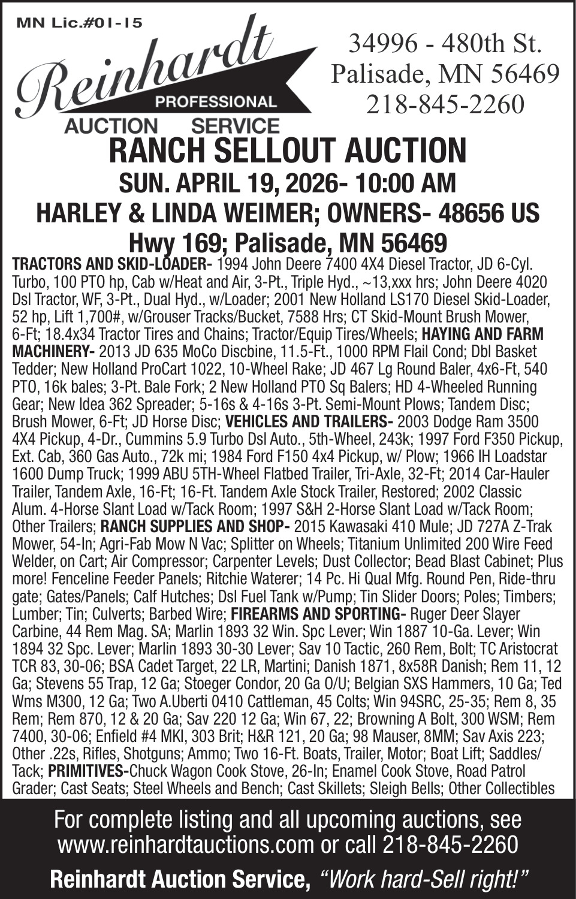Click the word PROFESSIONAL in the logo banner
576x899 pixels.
click(216, 101)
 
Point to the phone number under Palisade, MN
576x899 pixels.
click(445, 105)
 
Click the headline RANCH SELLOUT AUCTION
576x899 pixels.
click(288, 150)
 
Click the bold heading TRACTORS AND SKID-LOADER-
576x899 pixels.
click(112, 264)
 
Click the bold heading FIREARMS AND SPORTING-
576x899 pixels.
click(318, 615)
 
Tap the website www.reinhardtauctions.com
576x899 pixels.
click(185, 845)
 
